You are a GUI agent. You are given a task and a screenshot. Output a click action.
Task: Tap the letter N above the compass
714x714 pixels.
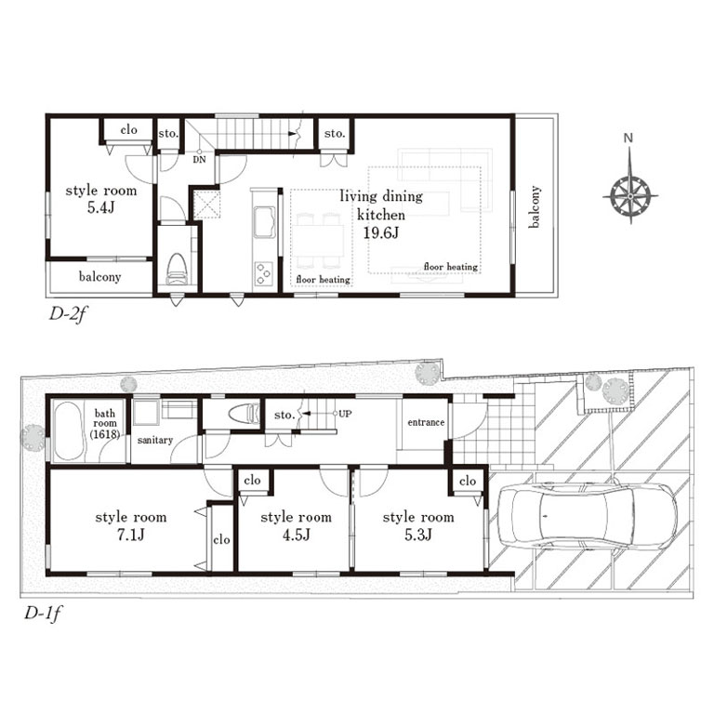click(628, 138)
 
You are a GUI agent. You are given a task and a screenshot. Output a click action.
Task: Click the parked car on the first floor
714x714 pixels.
click(586, 518)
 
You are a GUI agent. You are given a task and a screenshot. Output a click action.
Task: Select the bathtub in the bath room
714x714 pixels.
click(68, 431)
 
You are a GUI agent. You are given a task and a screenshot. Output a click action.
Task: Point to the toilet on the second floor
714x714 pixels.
click(178, 268)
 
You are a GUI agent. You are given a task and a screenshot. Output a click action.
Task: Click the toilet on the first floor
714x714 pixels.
click(244, 414)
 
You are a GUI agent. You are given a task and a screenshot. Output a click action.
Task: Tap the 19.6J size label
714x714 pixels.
click(380, 233)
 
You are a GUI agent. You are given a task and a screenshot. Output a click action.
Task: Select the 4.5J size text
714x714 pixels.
click(296, 535)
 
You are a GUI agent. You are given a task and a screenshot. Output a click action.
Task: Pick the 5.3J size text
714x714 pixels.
click(418, 535)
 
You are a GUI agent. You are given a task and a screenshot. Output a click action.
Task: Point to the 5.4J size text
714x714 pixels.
click(100, 207)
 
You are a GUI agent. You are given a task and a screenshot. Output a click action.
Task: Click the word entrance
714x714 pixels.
click(426, 423)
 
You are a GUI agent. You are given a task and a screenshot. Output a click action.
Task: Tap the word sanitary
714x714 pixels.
click(155, 441)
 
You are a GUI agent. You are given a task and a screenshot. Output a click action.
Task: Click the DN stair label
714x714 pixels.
click(200, 159)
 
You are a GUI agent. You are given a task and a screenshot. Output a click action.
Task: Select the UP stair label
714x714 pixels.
click(345, 414)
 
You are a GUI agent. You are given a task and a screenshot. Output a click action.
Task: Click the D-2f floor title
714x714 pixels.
click(67, 313)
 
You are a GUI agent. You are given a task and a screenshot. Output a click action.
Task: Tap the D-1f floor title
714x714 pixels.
click(42, 614)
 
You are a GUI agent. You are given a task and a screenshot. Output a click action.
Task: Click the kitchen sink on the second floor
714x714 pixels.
click(265, 222)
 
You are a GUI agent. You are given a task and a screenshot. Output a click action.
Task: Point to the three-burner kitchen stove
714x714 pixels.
click(263, 273)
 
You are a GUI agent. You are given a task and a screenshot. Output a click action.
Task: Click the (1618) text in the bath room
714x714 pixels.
click(105, 434)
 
